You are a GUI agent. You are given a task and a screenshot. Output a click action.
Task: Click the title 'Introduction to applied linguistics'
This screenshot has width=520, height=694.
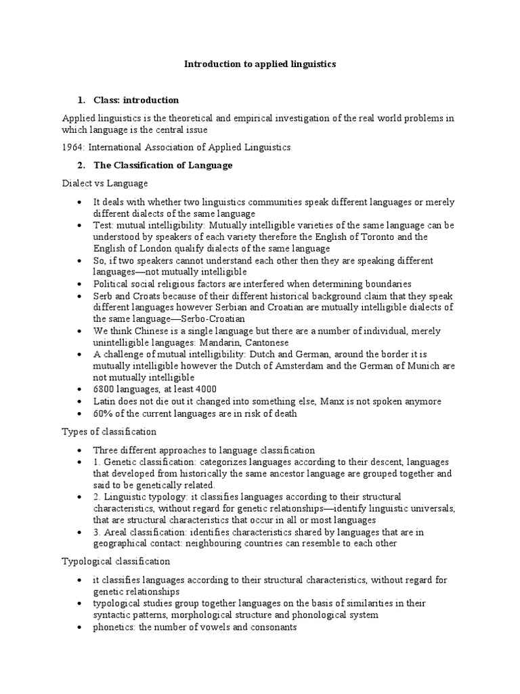tap(260, 64)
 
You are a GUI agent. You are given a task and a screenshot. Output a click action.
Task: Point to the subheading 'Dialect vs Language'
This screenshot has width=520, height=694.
tap(105, 183)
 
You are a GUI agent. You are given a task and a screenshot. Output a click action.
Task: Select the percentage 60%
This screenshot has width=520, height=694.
tap(103, 413)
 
